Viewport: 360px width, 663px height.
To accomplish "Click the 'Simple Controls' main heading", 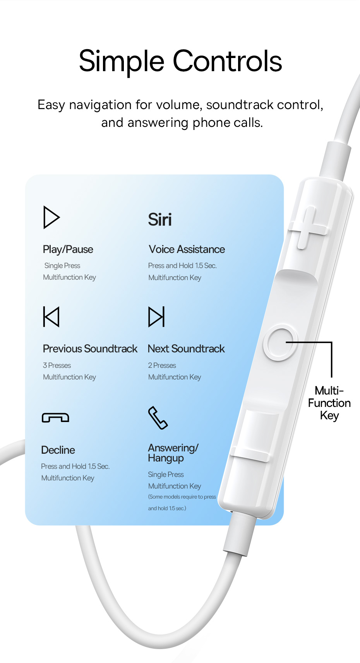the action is point(180,62).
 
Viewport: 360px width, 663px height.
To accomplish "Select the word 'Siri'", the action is point(160,220).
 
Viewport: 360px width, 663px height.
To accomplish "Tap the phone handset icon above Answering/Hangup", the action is point(158,418).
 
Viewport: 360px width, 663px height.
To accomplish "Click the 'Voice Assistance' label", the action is point(187,249).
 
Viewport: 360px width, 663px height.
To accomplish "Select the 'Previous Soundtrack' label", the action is point(90,349).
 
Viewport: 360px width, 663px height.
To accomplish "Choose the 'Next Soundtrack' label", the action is point(186,349).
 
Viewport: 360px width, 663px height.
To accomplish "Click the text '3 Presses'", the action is point(57,365).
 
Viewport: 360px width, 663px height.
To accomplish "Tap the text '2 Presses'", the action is point(162,365).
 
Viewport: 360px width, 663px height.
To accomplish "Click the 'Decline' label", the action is point(58,450).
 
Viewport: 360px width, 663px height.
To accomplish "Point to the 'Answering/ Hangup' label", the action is point(173,453).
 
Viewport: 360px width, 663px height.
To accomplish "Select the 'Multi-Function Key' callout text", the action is point(329,403).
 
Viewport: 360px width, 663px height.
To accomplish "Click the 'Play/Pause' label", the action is point(68,249).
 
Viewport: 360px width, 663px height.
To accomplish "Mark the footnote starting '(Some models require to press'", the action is point(182,502).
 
